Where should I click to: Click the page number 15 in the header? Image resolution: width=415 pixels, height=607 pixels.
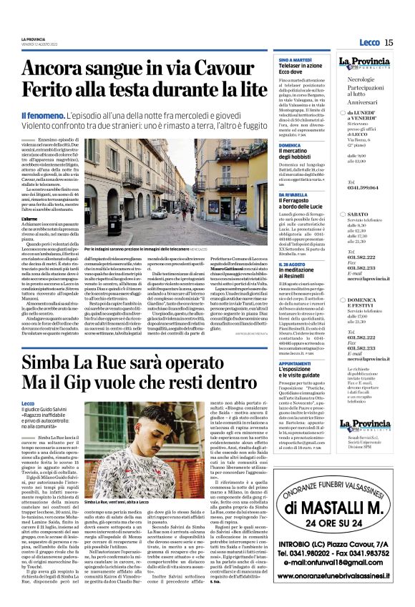tap(389, 43)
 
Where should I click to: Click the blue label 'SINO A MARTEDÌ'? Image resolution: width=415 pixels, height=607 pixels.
tap(295, 59)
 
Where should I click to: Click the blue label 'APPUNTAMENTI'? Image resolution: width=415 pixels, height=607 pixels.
tap(296, 364)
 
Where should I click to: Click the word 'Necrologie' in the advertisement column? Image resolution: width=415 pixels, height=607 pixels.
tap(361, 80)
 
